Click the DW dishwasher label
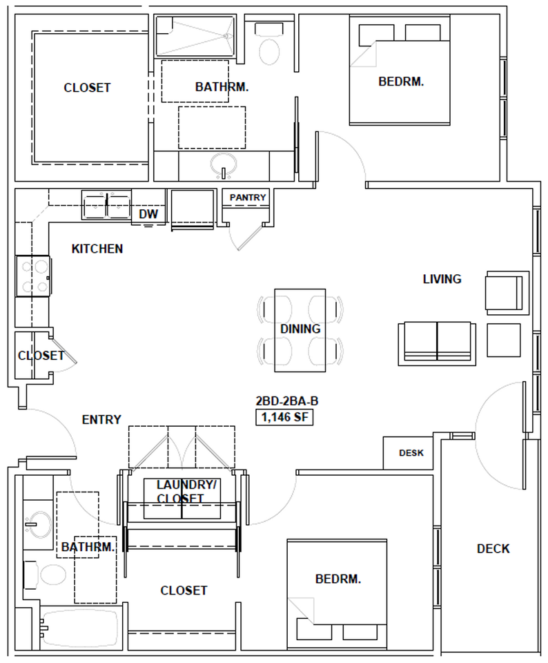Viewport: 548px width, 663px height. [148, 214]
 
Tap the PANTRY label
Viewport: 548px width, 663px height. [247, 198]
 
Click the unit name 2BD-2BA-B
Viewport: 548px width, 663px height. [286, 401]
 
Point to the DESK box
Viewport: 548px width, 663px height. [411, 453]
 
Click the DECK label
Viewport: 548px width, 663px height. [493, 549]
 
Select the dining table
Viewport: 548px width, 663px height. [300, 329]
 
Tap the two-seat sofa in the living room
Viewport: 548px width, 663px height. [436, 343]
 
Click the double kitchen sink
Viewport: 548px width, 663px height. [107, 205]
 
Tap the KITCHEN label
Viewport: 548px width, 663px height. [97, 249]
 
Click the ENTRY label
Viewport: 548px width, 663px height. [101, 419]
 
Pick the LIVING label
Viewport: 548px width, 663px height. [442, 279]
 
